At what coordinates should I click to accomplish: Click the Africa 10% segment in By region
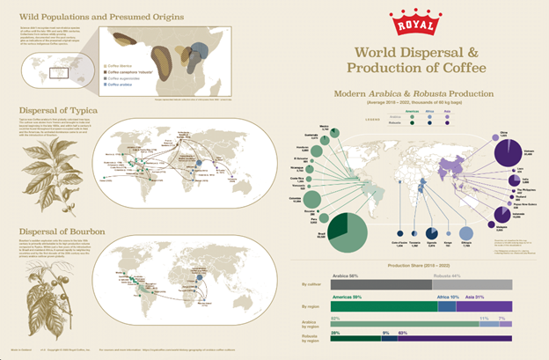446,305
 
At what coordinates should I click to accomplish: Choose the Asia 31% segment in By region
483,305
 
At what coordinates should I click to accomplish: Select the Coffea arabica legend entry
120,85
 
